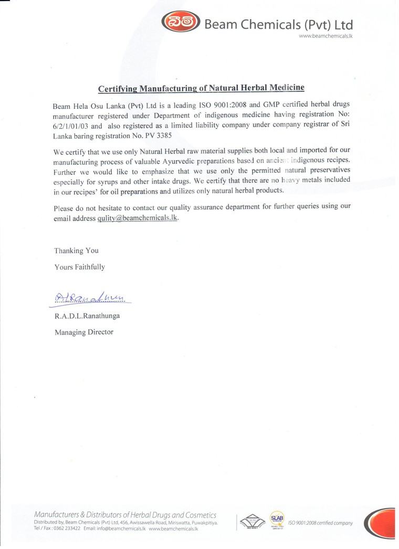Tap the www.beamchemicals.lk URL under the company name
point(325,36)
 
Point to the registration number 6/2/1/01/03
point(72,126)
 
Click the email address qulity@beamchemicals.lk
point(138,218)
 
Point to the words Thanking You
point(76,251)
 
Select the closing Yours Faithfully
point(79,267)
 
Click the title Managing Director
point(83,332)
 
